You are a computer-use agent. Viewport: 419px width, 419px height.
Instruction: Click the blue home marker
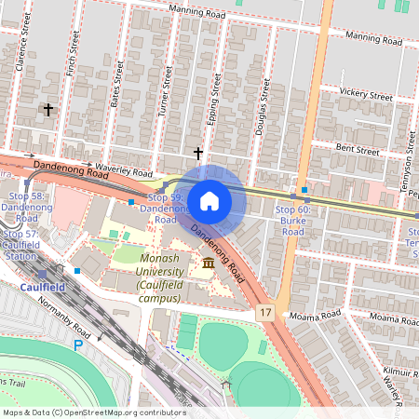point(209,201)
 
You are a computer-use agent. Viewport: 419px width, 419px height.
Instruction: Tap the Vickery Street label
point(366,94)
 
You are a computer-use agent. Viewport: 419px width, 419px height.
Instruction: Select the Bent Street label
point(358,149)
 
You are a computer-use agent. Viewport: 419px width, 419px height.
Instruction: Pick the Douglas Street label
point(264,110)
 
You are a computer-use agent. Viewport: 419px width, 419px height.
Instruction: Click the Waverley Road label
point(124,172)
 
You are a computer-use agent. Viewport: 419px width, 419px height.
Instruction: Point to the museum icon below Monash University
point(207,266)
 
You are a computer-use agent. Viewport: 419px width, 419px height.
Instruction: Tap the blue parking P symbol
point(78,345)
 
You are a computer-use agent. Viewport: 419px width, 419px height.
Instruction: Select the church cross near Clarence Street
point(47,110)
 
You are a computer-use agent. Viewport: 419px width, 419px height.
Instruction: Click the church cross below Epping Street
point(197,152)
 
